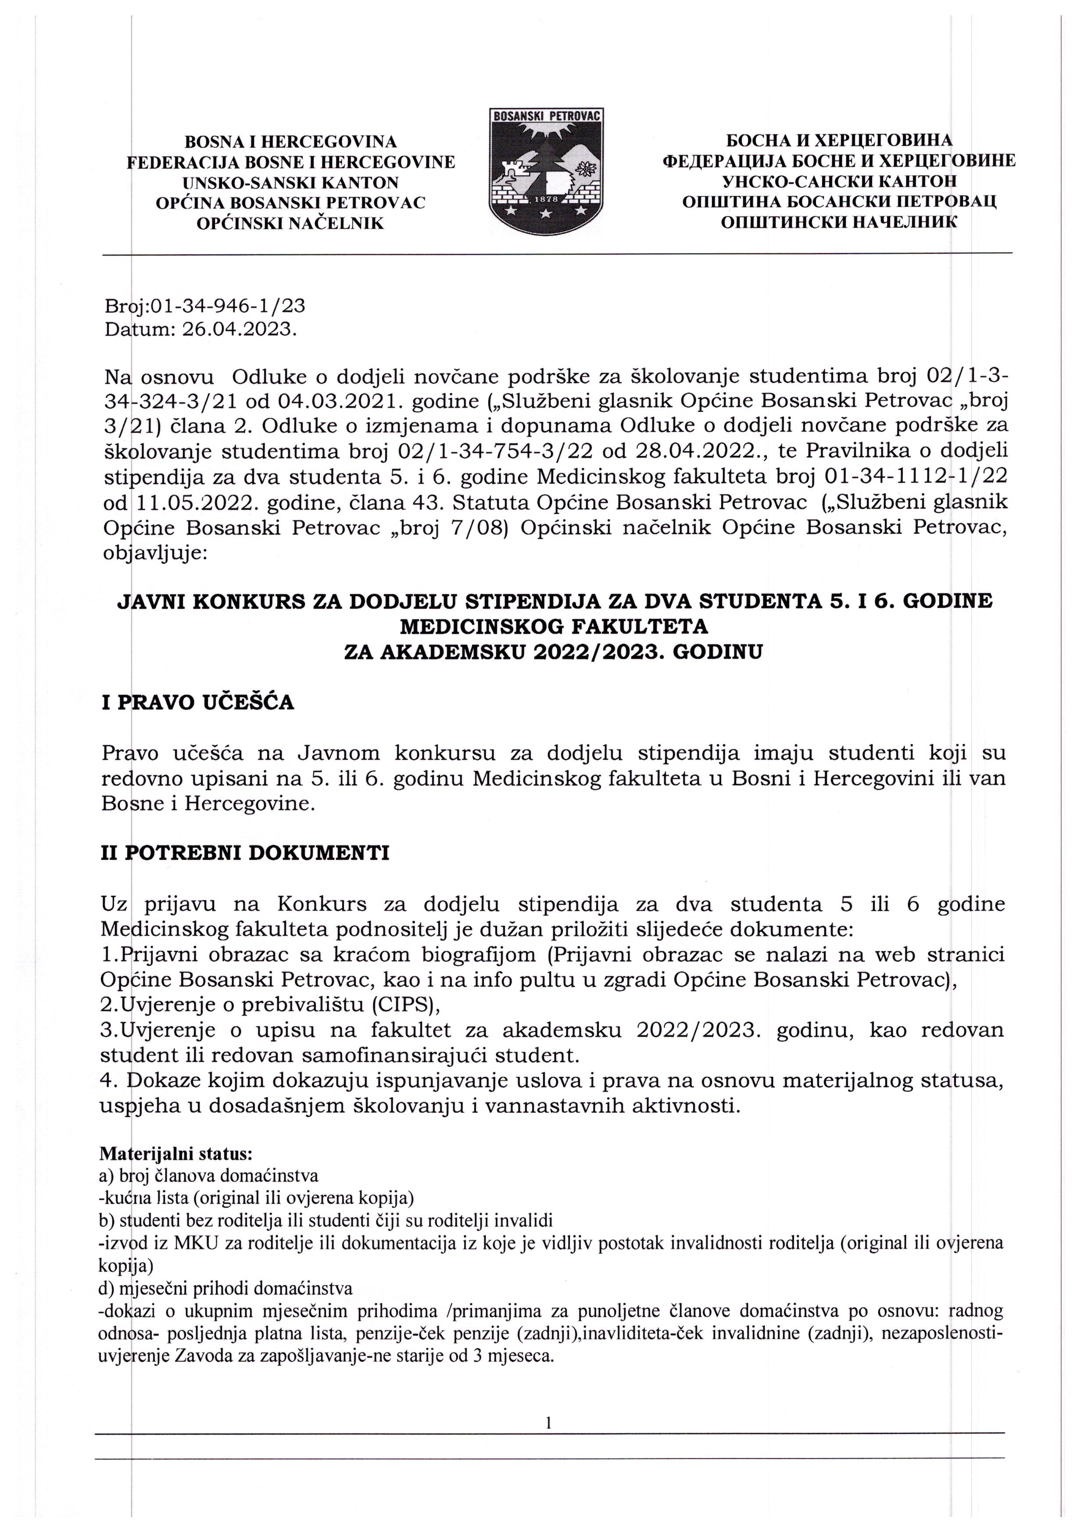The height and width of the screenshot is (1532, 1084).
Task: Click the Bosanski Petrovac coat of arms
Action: click(x=547, y=173)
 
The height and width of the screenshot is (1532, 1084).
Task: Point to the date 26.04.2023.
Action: click(x=239, y=330)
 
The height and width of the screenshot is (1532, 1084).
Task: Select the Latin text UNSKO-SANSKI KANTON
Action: click(x=290, y=182)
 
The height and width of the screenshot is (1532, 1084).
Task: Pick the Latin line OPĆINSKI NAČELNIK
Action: click(x=290, y=223)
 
